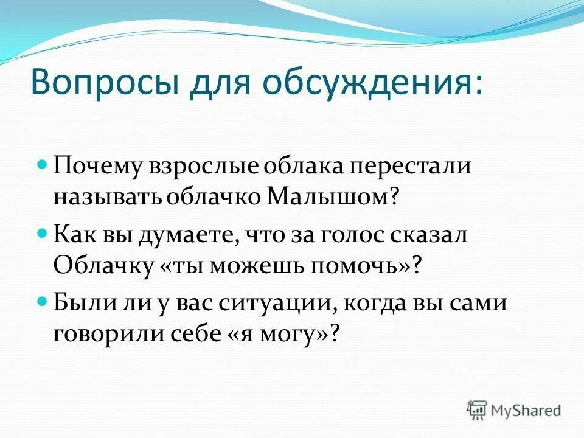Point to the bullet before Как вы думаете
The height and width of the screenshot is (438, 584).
coord(43,233)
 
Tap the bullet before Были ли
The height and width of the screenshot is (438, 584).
coord(43,301)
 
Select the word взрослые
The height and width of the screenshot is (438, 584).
coord(195,167)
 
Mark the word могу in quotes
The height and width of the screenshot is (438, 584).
coord(297,335)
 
